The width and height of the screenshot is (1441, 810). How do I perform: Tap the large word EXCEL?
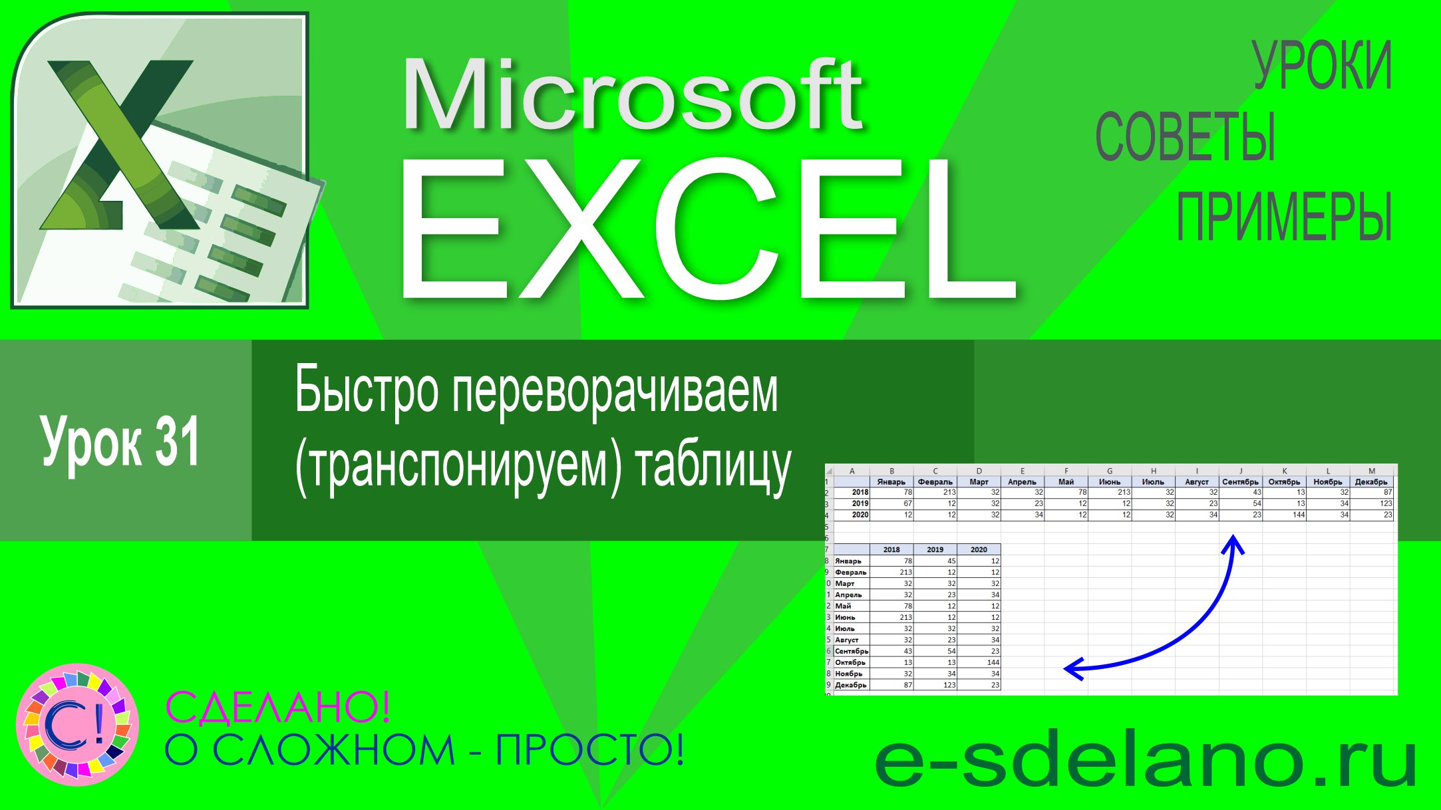709,229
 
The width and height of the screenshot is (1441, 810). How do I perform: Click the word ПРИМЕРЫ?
1284,217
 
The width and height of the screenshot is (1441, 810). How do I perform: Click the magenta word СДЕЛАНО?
277,706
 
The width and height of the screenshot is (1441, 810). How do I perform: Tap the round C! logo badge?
77,724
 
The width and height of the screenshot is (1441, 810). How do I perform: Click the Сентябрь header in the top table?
1240,481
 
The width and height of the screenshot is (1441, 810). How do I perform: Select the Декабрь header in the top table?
1371,481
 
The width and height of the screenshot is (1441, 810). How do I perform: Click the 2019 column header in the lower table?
935,549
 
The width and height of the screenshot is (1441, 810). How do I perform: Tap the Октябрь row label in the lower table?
850,662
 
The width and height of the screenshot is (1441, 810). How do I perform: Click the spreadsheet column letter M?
1371,471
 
